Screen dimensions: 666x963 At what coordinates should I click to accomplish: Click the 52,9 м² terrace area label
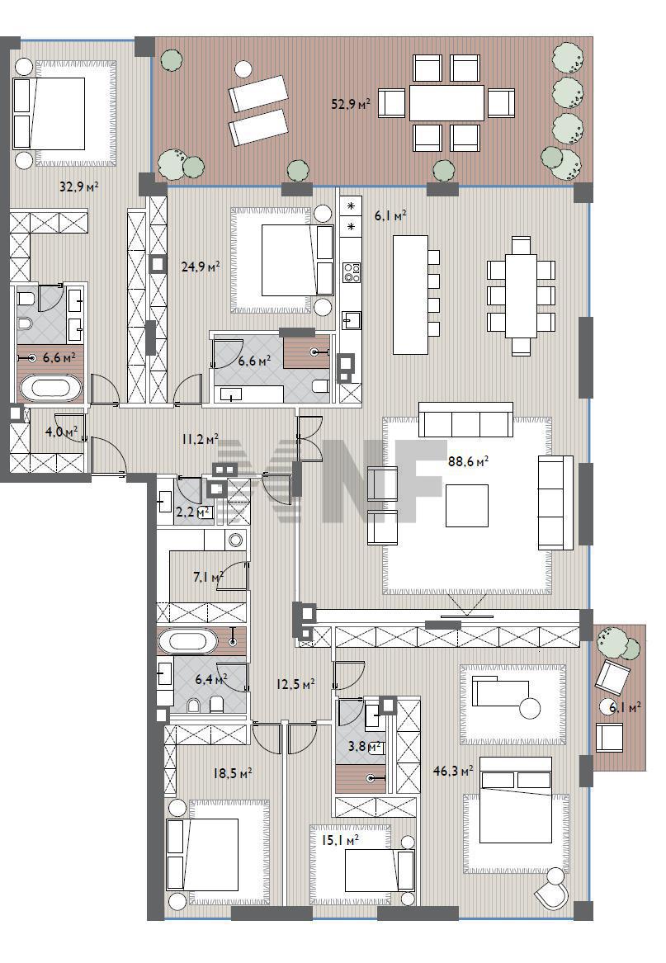[351, 104]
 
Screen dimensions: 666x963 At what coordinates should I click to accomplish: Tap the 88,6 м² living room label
[468, 462]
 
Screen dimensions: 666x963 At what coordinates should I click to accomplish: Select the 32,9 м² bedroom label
[79, 186]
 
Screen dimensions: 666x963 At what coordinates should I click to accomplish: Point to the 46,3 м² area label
[453, 770]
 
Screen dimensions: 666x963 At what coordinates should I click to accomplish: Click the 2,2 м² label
[193, 512]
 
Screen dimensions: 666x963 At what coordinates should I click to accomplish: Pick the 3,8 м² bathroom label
[365, 747]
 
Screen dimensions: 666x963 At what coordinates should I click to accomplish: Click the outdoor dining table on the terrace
[446, 102]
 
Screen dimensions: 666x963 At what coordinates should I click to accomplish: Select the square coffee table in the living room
[467, 506]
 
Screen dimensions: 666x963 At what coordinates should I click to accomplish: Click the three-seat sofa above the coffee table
[465, 419]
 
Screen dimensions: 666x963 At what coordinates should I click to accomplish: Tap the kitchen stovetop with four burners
[352, 272]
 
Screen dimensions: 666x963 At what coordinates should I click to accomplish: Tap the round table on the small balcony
[607, 708]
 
